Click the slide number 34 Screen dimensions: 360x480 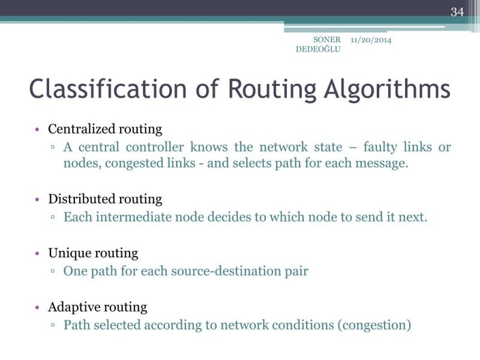[x=457, y=11]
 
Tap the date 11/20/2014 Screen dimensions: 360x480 [x=371, y=40]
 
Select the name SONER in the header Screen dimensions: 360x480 [x=327, y=40]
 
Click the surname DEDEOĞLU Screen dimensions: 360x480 [x=318, y=49]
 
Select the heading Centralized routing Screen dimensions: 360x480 [x=105, y=129]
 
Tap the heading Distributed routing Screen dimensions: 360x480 [x=105, y=199]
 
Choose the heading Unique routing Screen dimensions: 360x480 [x=93, y=253]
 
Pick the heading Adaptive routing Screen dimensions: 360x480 [x=97, y=307]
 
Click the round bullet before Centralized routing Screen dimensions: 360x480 [x=37, y=130]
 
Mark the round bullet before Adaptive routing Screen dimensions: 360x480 [x=37, y=308]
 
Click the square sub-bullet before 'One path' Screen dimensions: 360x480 [x=53, y=272]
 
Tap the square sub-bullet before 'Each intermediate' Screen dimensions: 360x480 [x=53, y=218]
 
